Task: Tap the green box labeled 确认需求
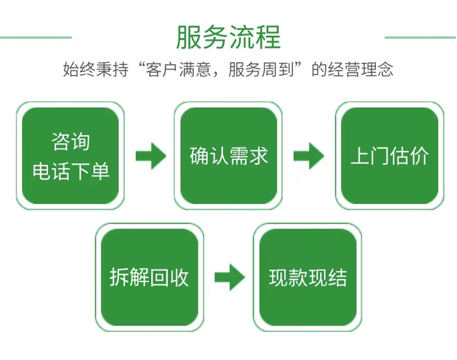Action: click(x=228, y=156)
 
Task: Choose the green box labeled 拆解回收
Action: click(x=149, y=277)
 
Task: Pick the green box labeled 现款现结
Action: click(x=308, y=277)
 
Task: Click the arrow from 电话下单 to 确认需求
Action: click(x=151, y=157)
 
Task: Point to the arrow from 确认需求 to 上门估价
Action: click(x=309, y=157)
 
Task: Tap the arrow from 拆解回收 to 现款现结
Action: click(x=229, y=278)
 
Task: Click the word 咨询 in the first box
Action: click(x=71, y=142)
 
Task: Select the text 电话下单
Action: click(x=71, y=171)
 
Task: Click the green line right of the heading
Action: click(x=420, y=37)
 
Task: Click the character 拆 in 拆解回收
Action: click(x=119, y=277)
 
